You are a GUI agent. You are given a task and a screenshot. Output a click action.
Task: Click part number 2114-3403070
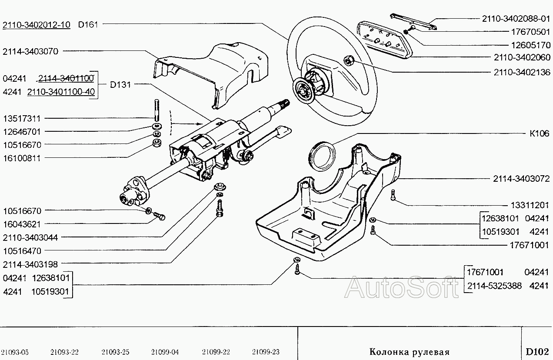(30, 51)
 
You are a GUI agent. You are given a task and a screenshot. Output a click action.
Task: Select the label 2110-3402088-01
(516, 19)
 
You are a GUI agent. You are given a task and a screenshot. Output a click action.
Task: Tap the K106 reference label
(539, 133)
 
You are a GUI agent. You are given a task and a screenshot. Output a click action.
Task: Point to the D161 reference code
(88, 25)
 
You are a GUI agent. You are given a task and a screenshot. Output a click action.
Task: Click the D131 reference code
(120, 85)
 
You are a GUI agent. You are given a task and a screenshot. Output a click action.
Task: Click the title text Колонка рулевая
(409, 351)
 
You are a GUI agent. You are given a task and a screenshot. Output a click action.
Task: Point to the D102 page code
(537, 351)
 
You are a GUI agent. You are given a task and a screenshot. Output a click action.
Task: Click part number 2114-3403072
(521, 179)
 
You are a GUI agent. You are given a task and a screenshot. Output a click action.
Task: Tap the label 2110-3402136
(522, 72)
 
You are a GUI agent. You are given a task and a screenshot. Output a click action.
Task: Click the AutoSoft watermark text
(402, 288)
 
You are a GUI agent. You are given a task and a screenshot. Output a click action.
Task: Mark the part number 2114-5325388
(494, 286)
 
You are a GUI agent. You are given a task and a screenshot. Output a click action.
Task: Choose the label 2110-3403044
(30, 237)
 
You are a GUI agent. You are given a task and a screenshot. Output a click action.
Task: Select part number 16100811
(22, 158)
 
